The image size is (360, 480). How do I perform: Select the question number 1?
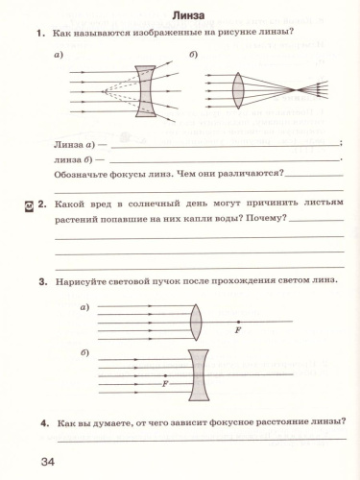(x=40, y=35)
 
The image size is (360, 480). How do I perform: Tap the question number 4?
(x=44, y=422)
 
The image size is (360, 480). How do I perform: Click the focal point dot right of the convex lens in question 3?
(x=238, y=321)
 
